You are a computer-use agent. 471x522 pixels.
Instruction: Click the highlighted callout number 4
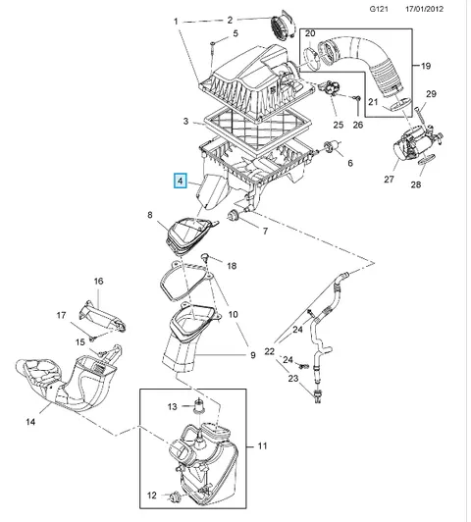point(181,182)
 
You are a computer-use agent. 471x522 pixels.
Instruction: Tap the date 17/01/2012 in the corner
point(424,9)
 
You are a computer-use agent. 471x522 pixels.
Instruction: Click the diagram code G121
point(379,9)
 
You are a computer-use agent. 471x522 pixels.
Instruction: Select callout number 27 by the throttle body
point(389,180)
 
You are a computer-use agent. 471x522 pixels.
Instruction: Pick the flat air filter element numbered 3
point(258,129)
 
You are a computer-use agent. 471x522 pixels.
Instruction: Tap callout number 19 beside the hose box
point(426,66)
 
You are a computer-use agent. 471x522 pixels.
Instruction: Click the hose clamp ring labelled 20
point(312,59)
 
